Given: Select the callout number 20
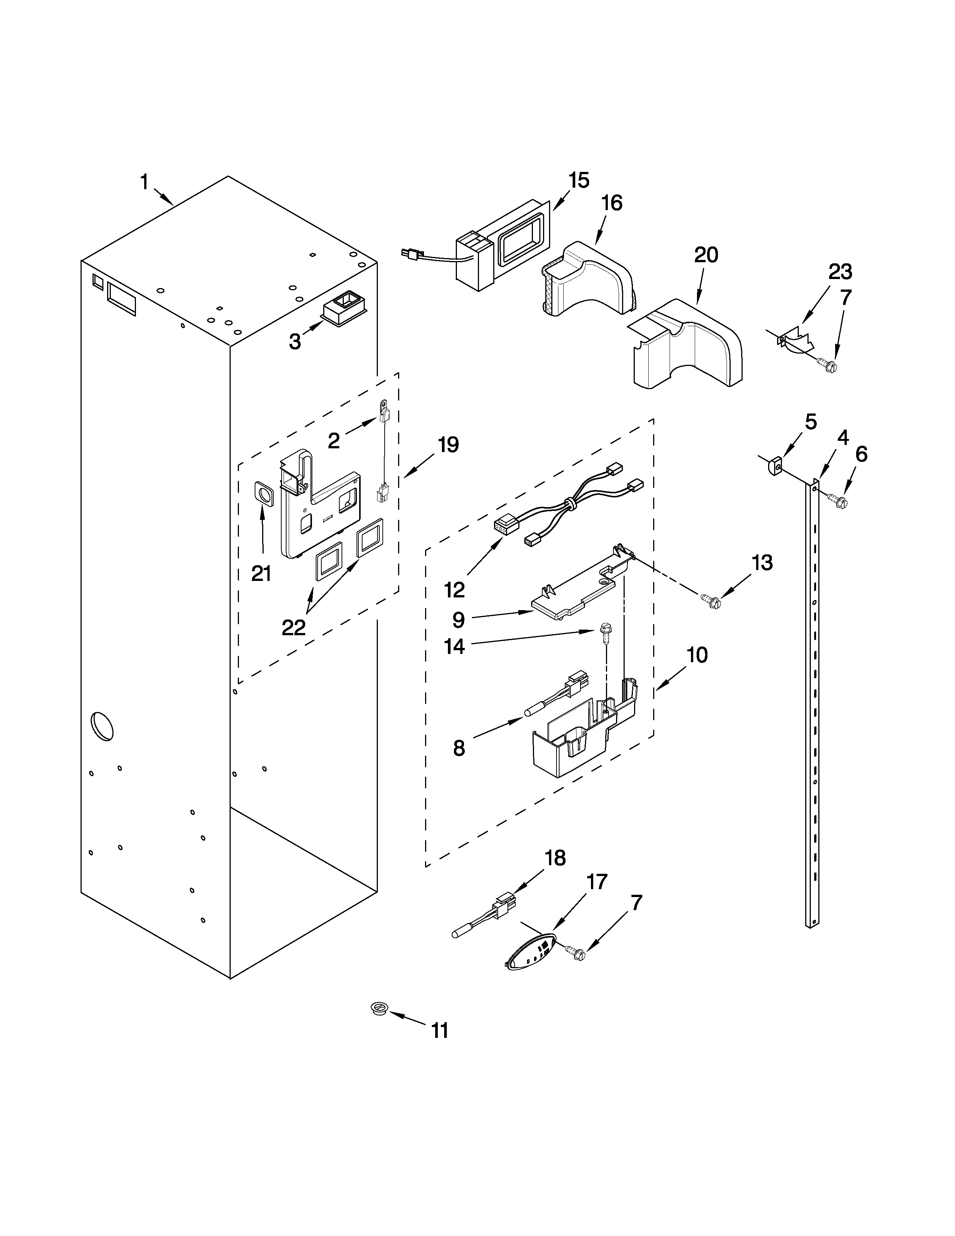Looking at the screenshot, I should click(706, 255).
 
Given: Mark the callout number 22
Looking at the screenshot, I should click(294, 627).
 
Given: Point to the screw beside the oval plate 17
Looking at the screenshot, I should click(577, 954).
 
